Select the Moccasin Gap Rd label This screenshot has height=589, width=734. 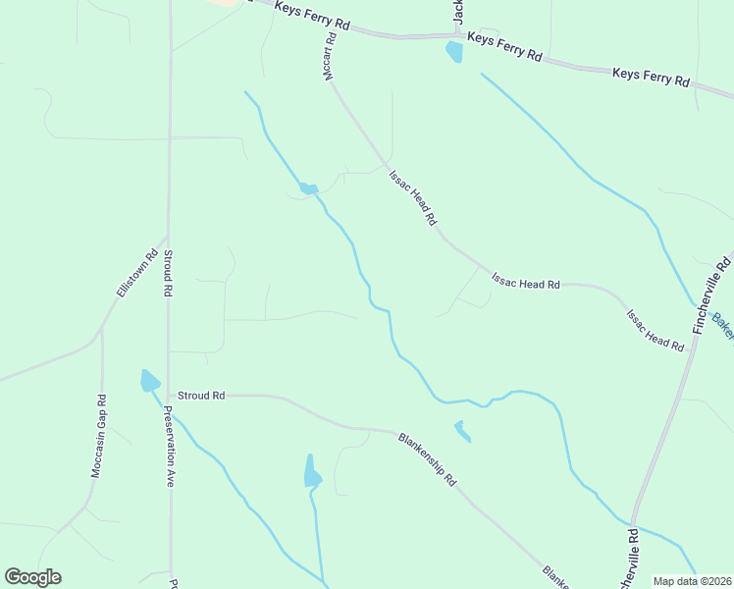pyautogui.click(x=98, y=436)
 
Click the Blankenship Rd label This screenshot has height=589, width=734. pyautogui.click(x=427, y=458)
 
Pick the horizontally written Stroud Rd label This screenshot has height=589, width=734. pyautogui.click(x=200, y=395)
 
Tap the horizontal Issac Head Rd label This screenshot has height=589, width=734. pyautogui.click(x=525, y=283)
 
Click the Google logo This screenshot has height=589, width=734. pyautogui.click(x=32, y=577)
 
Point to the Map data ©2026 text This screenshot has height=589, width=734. pyautogui.click(x=692, y=581)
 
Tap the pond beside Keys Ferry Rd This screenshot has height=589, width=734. pyautogui.click(x=453, y=52)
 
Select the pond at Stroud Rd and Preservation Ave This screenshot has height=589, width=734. pyautogui.click(x=150, y=381)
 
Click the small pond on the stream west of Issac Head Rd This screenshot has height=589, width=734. pyautogui.click(x=308, y=188)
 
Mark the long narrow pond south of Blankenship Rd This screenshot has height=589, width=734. pyautogui.click(x=312, y=472)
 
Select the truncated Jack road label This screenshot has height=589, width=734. pyautogui.click(x=458, y=12)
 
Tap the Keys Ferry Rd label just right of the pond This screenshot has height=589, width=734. pyautogui.click(x=504, y=46)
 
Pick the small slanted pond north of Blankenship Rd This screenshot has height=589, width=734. pyautogui.click(x=461, y=431)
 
